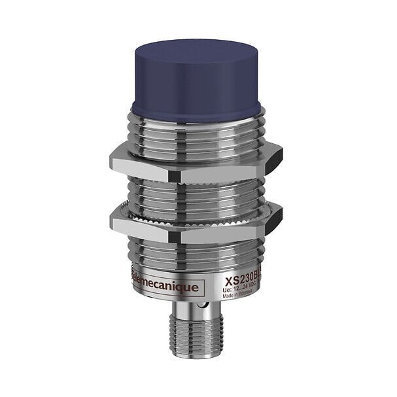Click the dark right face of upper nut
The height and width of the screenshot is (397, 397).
[273, 160]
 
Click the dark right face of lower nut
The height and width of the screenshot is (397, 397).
[273, 217]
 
